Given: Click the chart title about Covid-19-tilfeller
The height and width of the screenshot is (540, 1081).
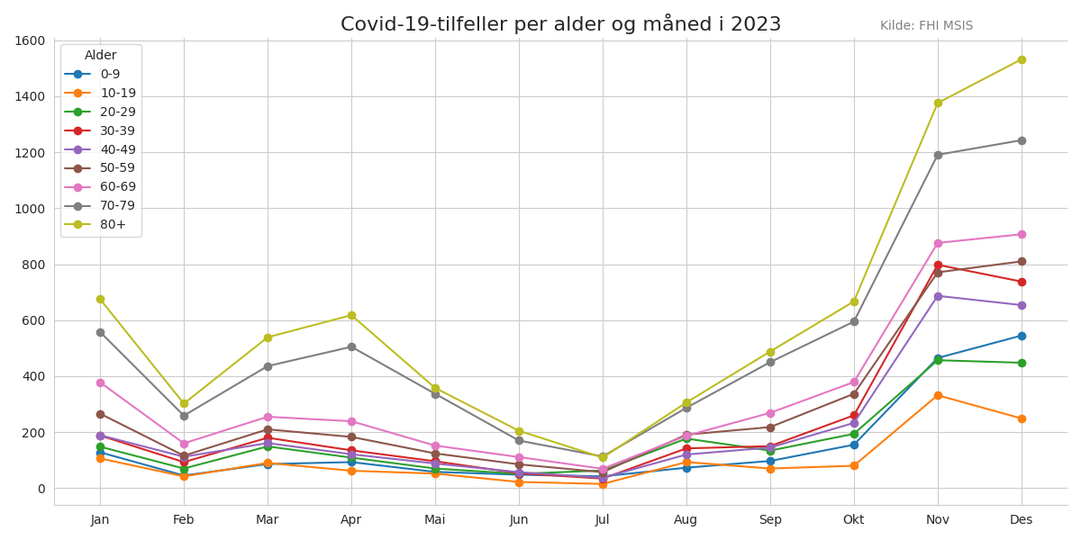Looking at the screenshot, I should (560, 24).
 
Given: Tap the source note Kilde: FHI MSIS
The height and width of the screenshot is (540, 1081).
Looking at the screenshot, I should (926, 26).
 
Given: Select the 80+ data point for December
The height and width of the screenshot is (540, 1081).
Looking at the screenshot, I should (1022, 59).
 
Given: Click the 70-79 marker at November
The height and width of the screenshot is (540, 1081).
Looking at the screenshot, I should (938, 155).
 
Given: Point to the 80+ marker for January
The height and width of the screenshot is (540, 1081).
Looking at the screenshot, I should (100, 299).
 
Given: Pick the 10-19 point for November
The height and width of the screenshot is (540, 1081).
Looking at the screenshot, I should (938, 395).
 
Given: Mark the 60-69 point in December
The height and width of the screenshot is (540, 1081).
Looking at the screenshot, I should (1022, 234).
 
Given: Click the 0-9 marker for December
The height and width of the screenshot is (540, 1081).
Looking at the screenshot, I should (1022, 336).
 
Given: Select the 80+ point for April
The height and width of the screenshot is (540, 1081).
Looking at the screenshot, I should (351, 315).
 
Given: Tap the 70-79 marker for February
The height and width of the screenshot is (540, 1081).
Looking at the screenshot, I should (184, 416).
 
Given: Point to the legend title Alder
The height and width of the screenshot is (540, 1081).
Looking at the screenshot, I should (101, 56).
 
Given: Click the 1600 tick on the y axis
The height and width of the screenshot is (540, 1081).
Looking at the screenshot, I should (30, 40).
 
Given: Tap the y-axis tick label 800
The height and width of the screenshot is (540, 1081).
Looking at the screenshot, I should (33, 265).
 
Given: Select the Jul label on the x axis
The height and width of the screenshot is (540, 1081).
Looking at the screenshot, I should (603, 519).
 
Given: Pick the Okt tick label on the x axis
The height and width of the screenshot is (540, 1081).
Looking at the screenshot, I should (853, 519).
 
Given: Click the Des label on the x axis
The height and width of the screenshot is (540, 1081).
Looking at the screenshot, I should (1022, 519).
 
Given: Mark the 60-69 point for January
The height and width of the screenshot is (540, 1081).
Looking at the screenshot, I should (100, 382).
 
